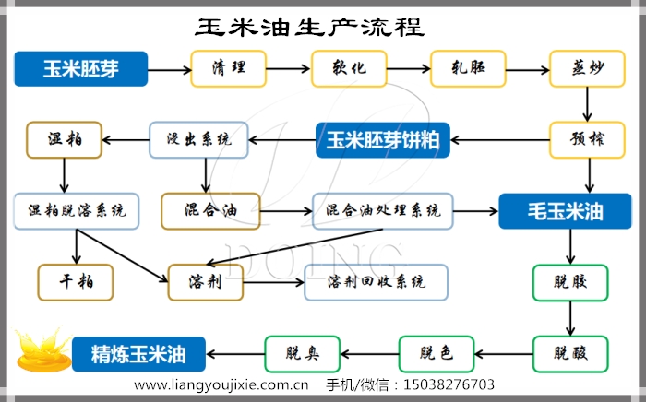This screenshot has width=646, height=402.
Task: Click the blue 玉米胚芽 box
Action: (x=81, y=68)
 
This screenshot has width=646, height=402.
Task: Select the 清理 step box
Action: (x=228, y=68)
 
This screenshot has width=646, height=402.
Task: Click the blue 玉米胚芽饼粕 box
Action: (x=382, y=140)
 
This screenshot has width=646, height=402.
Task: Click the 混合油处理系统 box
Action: (x=382, y=211)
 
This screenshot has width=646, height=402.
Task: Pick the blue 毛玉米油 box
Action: (x=565, y=211)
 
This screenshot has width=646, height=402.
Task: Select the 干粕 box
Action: (x=75, y=282)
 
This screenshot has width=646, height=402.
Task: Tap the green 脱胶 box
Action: (x=570, y=282)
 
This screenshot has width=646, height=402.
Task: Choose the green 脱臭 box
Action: (x=302, y=353)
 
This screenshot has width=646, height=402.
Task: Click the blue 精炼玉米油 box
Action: (x=139, y=353)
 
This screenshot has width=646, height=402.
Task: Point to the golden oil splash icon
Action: (x=41, y=350)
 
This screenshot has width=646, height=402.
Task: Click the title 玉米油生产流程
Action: (x=310, y=27)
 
